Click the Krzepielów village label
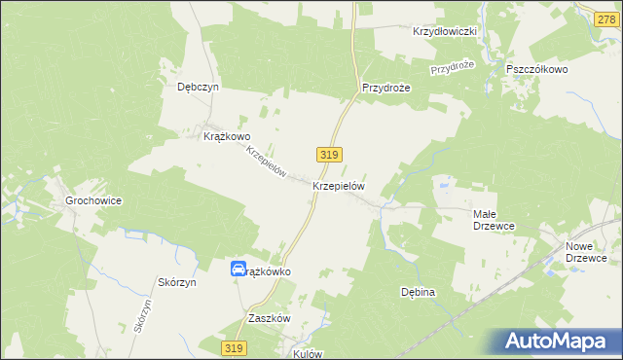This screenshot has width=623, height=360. pos(339,185)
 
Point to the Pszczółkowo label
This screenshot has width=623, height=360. pos(537,70)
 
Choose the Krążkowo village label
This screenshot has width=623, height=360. pos(227,137)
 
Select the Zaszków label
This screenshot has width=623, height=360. pos(270,318)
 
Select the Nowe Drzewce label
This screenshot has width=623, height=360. pos(586,252)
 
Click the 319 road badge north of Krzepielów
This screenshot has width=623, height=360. pos(327,155)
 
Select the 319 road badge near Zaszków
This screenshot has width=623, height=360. pos(232,347)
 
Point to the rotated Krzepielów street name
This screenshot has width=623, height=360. pos(266,162)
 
